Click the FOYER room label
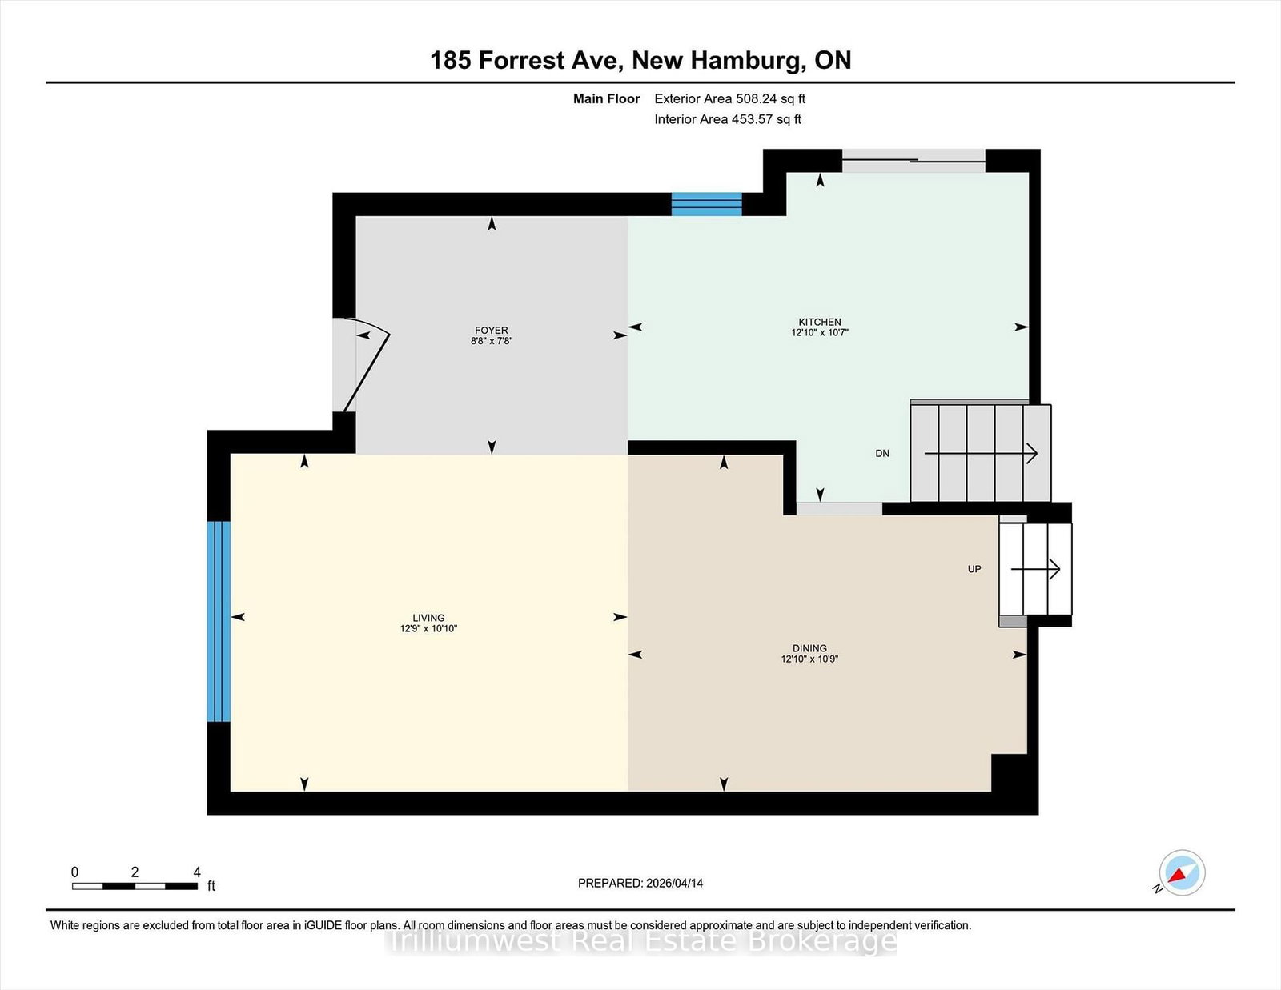491,330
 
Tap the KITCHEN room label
819,322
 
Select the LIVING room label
428,618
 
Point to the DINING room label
809,648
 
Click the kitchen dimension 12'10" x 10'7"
819,332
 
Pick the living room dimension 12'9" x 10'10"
428,628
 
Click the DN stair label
882,453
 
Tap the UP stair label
974,569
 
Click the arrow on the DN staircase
981,453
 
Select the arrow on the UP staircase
1036,569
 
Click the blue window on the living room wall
218,621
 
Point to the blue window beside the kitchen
707,204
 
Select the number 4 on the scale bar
197,872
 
